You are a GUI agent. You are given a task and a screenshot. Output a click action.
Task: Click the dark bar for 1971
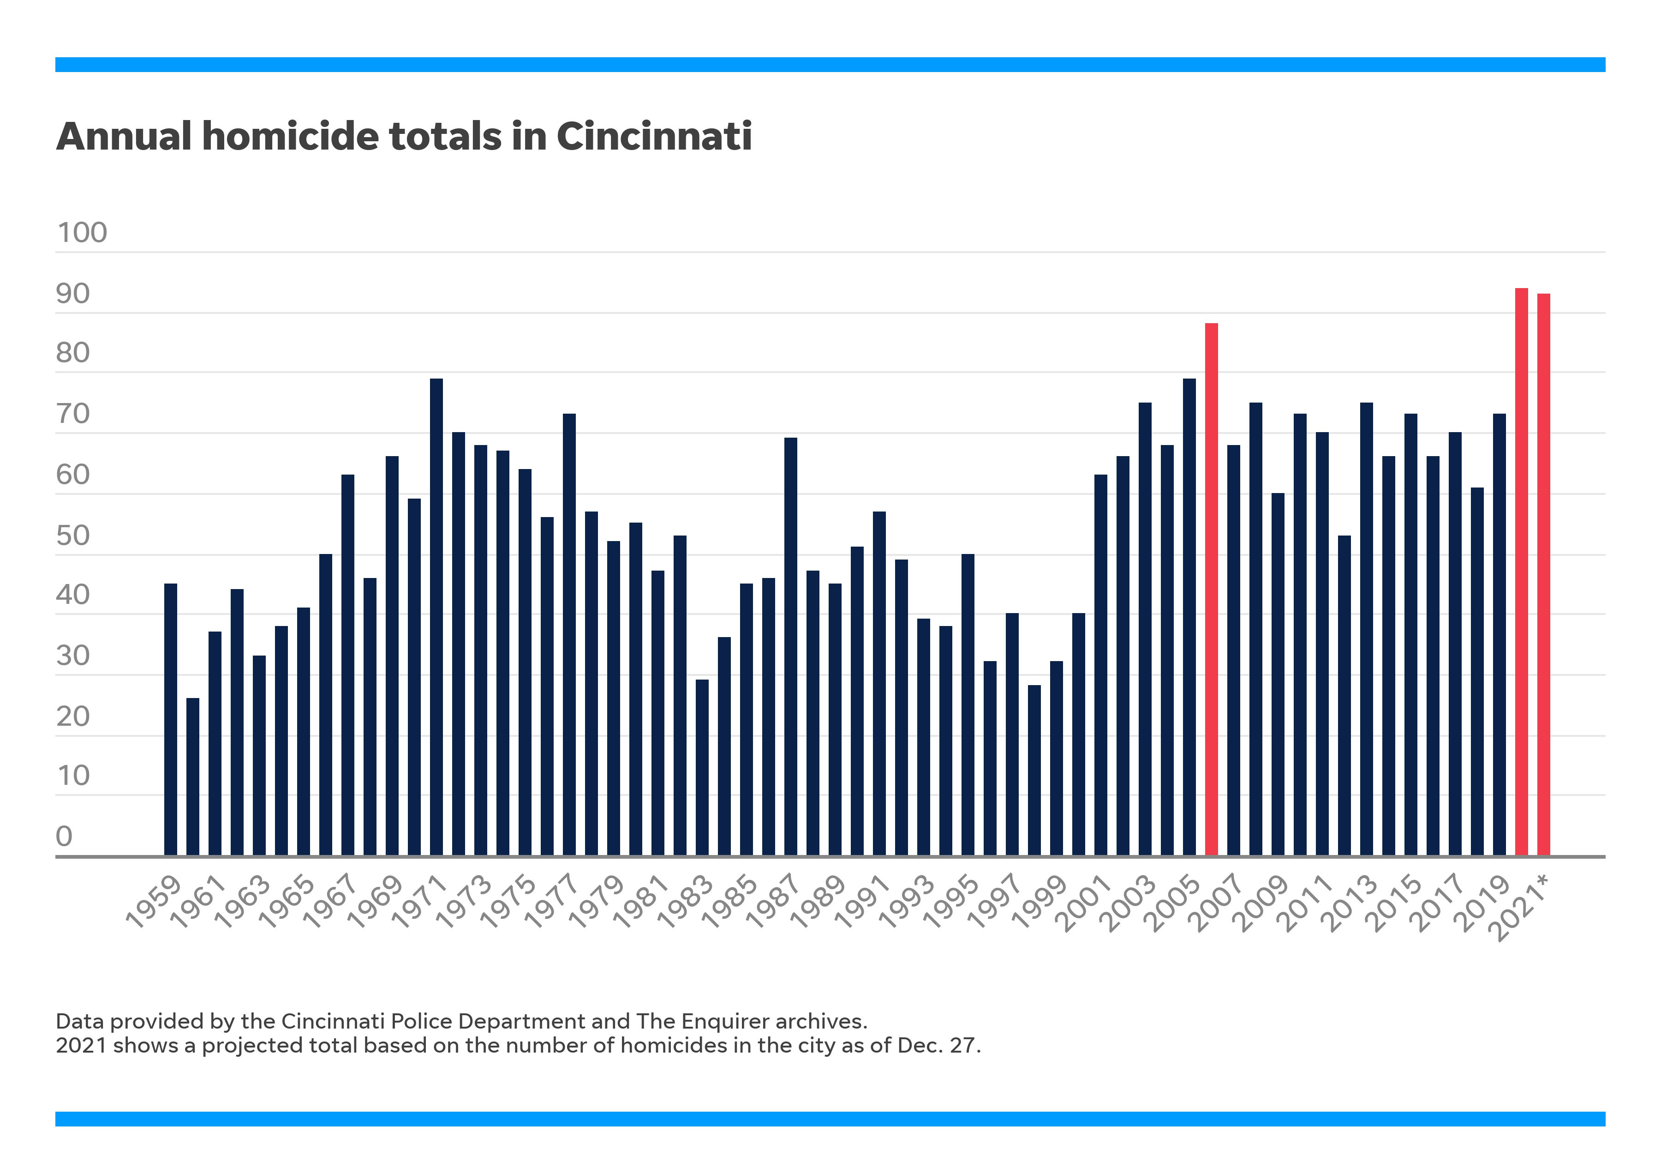(436, 617)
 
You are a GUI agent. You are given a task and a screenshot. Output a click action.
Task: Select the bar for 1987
(791, 646)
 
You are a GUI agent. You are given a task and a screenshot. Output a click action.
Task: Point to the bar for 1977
(569, 634)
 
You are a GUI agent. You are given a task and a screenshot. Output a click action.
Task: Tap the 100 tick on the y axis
(82, 233)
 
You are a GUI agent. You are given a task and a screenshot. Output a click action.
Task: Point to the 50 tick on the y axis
(72, 536)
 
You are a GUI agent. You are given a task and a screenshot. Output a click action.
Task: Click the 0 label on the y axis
(65, 836)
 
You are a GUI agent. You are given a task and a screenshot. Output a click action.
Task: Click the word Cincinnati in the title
(653, 136)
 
